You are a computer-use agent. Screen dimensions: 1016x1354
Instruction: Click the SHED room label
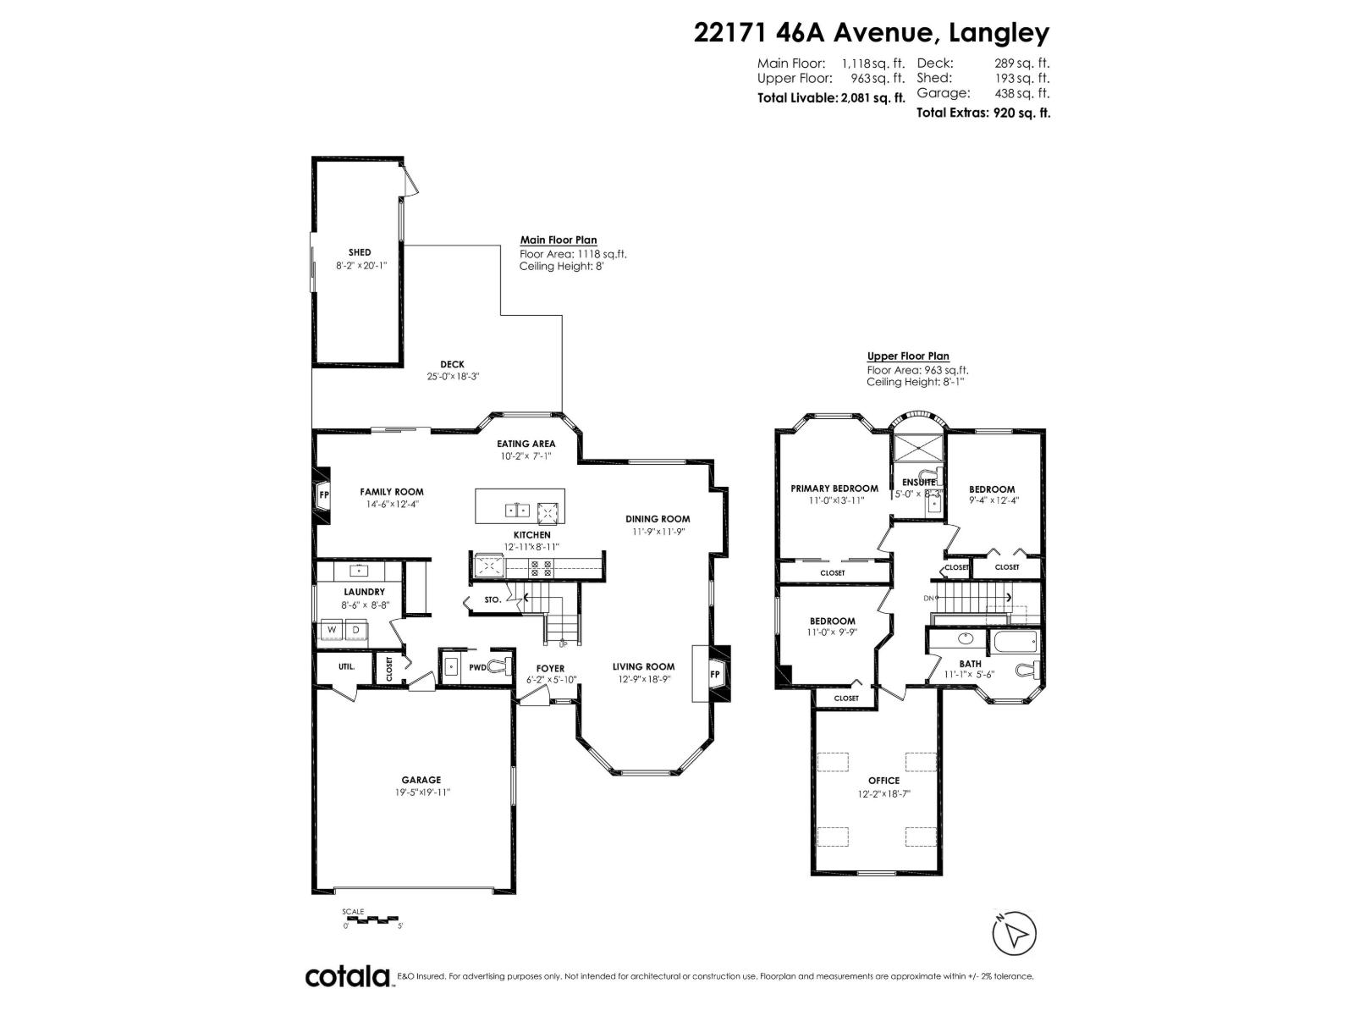tap(360, 252)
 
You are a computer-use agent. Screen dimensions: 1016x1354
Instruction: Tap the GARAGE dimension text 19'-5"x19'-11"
tap(421, 792)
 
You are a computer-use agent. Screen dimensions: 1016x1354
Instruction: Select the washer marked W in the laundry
tap(330, 631)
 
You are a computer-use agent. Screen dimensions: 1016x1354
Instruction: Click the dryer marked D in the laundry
tap(356, 631)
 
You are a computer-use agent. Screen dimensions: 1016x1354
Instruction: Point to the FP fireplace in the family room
tap(322, 494)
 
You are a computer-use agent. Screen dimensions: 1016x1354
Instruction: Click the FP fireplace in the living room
tap(714, 674)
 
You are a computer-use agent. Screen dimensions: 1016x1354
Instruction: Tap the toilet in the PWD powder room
tap(505, 667)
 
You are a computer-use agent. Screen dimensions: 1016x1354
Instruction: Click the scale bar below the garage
tap(373, 919)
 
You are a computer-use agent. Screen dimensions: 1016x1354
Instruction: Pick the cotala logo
tap(348, 976)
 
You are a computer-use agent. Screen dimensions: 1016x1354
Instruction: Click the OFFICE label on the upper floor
tap(883, 781)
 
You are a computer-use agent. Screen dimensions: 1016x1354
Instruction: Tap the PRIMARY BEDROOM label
tap(834, 489)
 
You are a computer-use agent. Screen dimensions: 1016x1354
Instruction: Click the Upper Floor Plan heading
tap(908, 356)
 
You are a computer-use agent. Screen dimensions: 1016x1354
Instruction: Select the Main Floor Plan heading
tap(559, 240)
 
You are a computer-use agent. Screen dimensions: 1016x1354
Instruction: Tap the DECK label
tap(452, 365)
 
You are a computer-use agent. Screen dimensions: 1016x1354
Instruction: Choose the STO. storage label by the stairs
tap(493, 599)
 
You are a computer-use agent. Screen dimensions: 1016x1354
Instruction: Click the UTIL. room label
tap(346, 666)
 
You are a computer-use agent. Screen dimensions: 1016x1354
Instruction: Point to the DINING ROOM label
tap(658, 519)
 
